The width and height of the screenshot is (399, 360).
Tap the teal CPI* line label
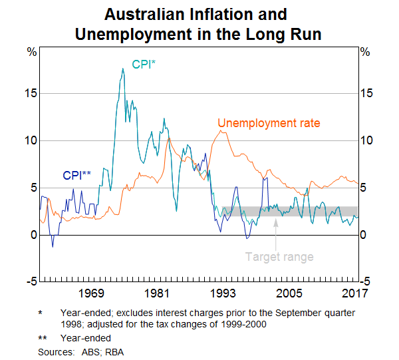[145, 65]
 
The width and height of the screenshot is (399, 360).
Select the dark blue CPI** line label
[76, 176]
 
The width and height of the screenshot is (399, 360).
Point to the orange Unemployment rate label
[269, 123]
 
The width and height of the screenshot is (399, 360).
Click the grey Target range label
[279, 256]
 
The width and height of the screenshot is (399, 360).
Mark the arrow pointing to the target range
[276, 230]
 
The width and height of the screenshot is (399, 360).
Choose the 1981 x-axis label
[157, 293]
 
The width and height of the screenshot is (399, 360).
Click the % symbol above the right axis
[365, 51]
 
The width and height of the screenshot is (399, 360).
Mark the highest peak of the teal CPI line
[122, 69]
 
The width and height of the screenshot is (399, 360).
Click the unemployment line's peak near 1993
[221, 131]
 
